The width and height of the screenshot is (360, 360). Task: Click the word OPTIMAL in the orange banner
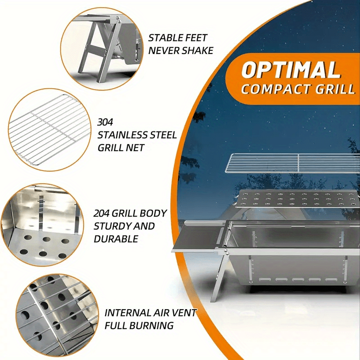291,70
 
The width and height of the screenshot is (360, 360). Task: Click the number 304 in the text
105,122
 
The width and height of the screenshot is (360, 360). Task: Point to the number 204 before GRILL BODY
101,213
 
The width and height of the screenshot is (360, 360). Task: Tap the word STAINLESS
122,135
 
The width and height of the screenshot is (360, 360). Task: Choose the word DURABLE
116,239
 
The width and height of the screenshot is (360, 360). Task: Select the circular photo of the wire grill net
49,130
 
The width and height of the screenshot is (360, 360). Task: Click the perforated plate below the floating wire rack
297,199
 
